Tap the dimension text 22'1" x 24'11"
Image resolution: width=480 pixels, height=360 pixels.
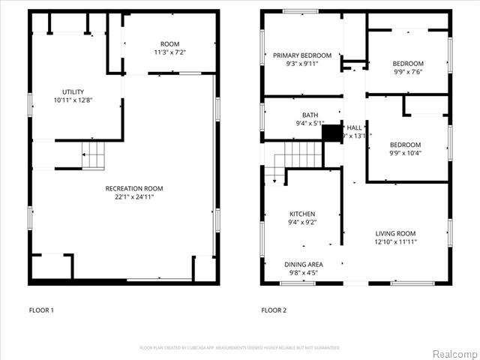134,197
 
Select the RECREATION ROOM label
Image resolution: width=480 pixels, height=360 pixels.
134,188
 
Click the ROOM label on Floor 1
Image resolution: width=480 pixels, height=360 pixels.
169,43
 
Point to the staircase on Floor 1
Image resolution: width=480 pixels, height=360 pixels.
93,157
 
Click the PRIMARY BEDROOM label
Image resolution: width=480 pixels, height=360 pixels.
301,55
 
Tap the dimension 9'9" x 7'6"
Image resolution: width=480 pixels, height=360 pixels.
407,72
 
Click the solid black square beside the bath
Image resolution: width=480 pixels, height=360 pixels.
331,133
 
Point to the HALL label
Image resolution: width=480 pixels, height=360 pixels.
354,127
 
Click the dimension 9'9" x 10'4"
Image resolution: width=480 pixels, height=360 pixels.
405,153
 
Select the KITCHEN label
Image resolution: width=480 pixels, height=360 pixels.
302,214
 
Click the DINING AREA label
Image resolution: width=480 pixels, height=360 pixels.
304,264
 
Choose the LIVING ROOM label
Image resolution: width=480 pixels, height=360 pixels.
395,233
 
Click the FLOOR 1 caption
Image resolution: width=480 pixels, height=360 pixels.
41,310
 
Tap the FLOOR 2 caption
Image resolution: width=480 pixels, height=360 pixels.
274,310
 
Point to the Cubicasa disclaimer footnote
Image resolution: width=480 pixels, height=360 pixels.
240,347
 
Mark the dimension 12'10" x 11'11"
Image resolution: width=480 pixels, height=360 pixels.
395,241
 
